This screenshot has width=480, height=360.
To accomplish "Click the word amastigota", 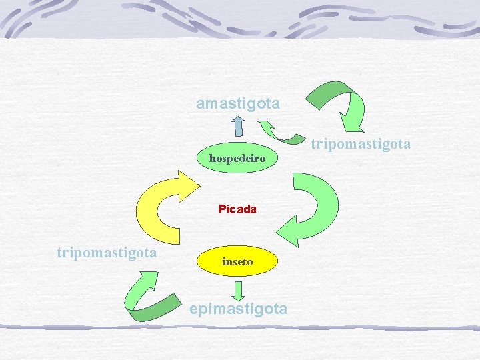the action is pyautogui.click(x=238, y=104).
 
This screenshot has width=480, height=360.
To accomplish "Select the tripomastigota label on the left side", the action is pyautogui.click(x=107, y=253).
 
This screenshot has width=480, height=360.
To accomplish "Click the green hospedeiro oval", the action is pyautogui.click(x=237, y=159).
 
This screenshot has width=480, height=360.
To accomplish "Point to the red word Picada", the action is pyautogui.click(x=237, y=209).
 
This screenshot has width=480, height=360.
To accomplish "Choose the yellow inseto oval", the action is pyautogui.click(x=238, y=262).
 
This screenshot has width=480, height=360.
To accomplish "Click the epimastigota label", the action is pyautogui.click(x=238, y=309).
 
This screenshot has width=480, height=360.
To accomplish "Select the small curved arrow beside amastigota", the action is pyautogui.click(x=280, y=131).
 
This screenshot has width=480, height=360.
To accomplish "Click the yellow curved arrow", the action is pyautogui.click(x=160, y=203).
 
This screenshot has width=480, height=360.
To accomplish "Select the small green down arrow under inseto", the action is pyautogui.click(x=238, y=289).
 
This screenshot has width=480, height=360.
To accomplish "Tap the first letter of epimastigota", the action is pyautogui.click(x=194, y=309).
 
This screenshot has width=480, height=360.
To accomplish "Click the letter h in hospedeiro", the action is pyautogui.click(x=213, y=159).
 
